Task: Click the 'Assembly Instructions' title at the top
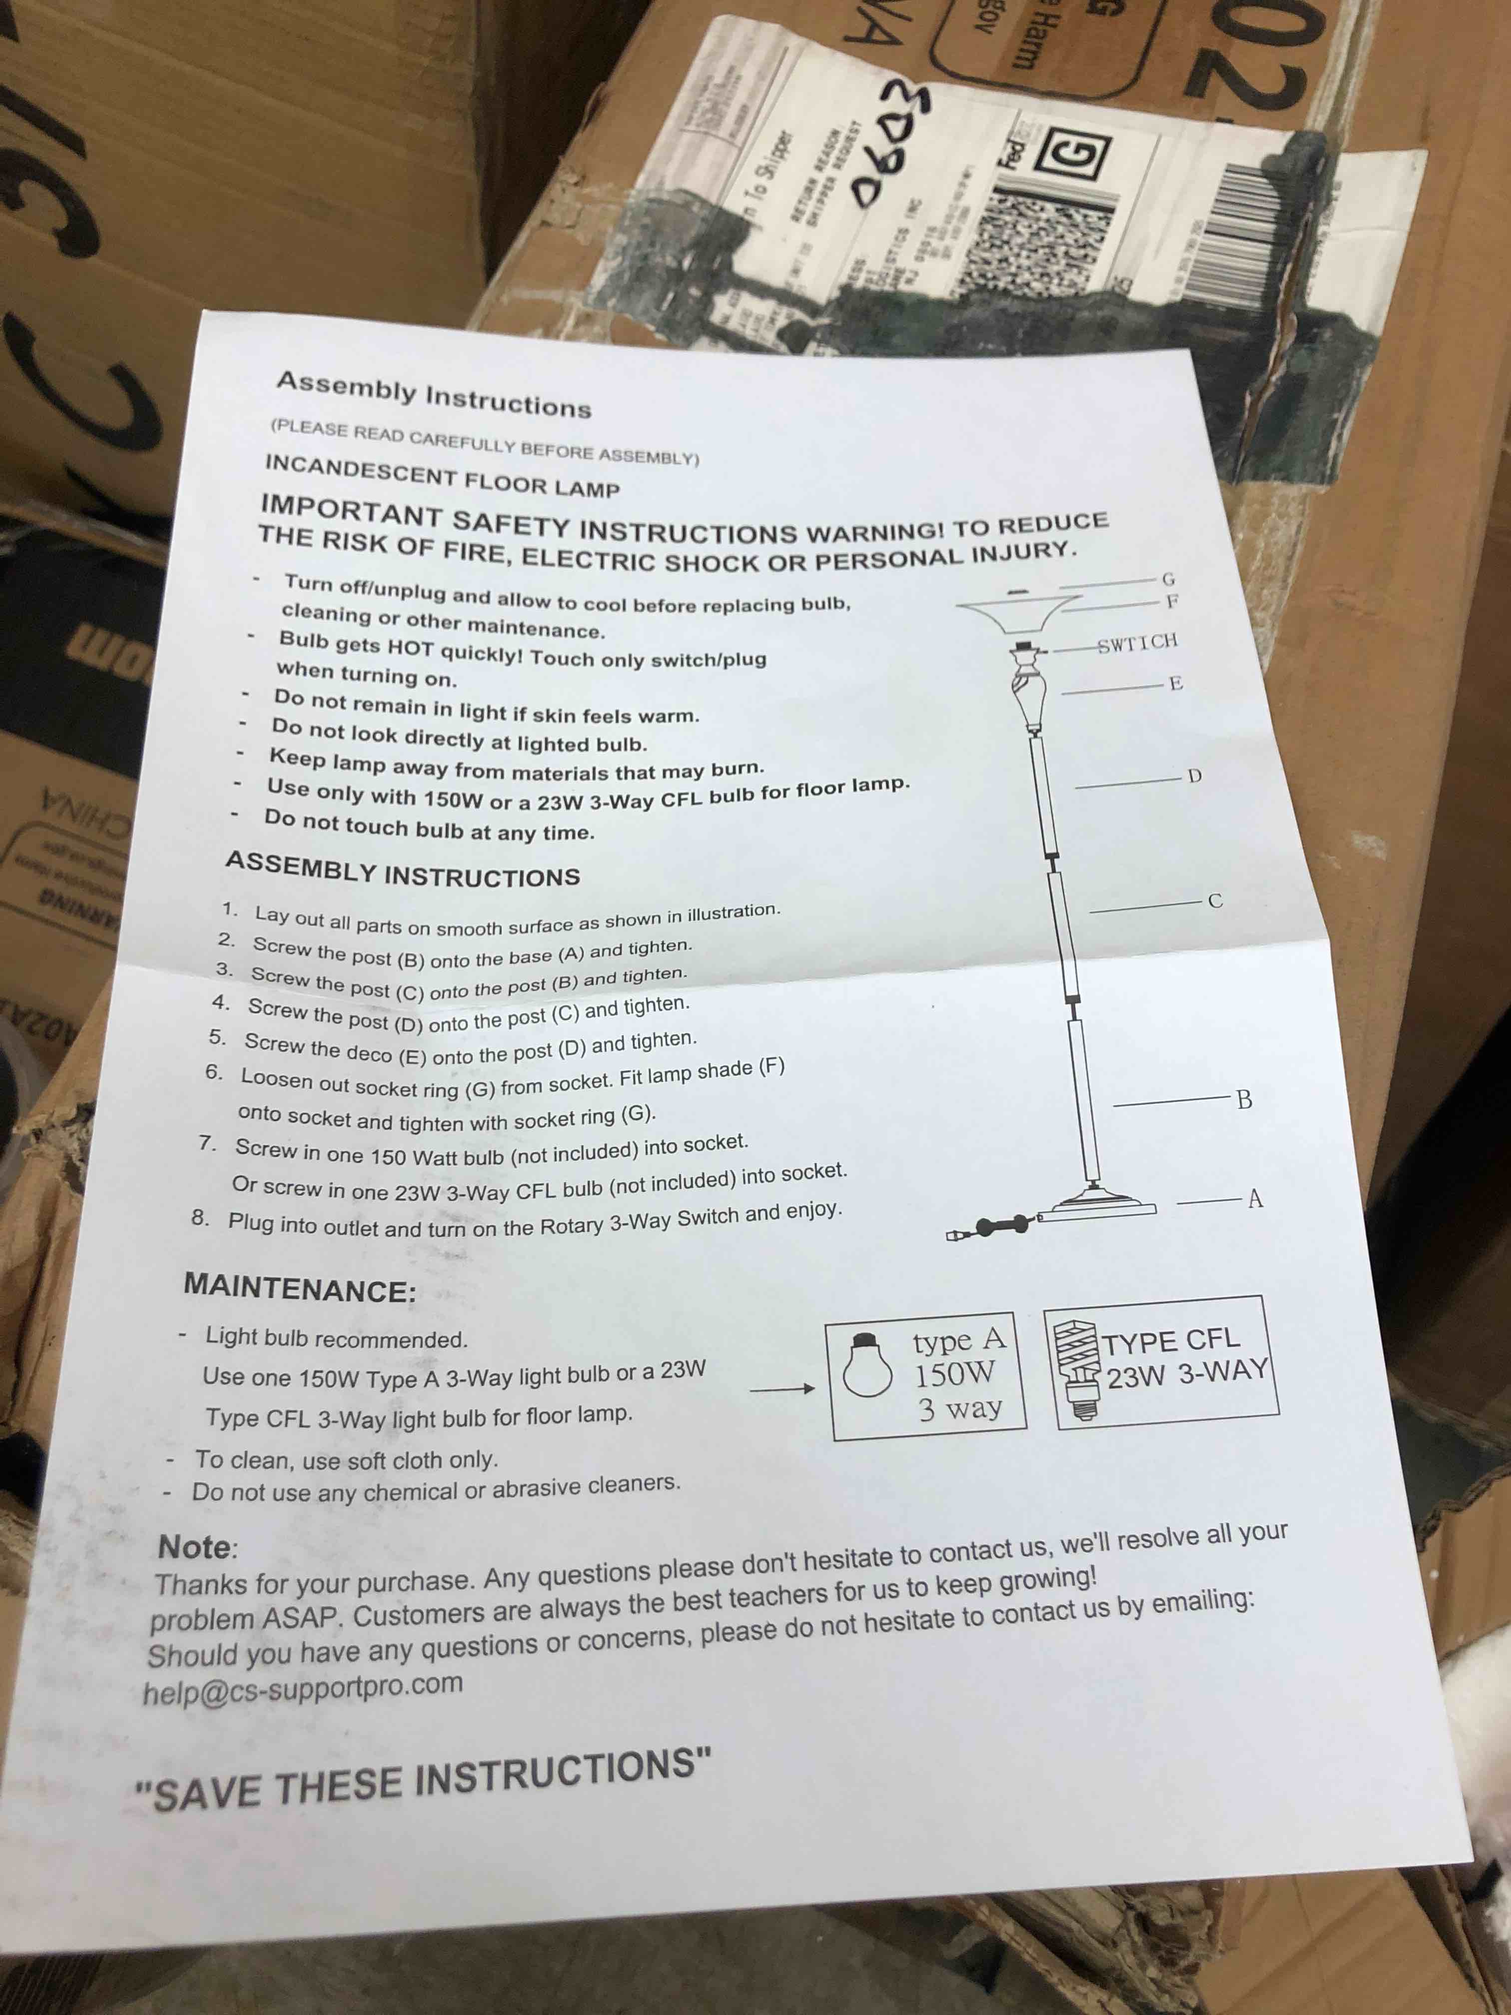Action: (x=434, y=393)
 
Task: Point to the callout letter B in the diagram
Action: (x=1244, y=1099)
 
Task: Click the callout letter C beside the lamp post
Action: (x=1215, y=901)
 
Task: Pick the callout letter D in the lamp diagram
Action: (x=1195, y=776)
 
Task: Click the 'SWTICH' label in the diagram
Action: (x=1138, y=642)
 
